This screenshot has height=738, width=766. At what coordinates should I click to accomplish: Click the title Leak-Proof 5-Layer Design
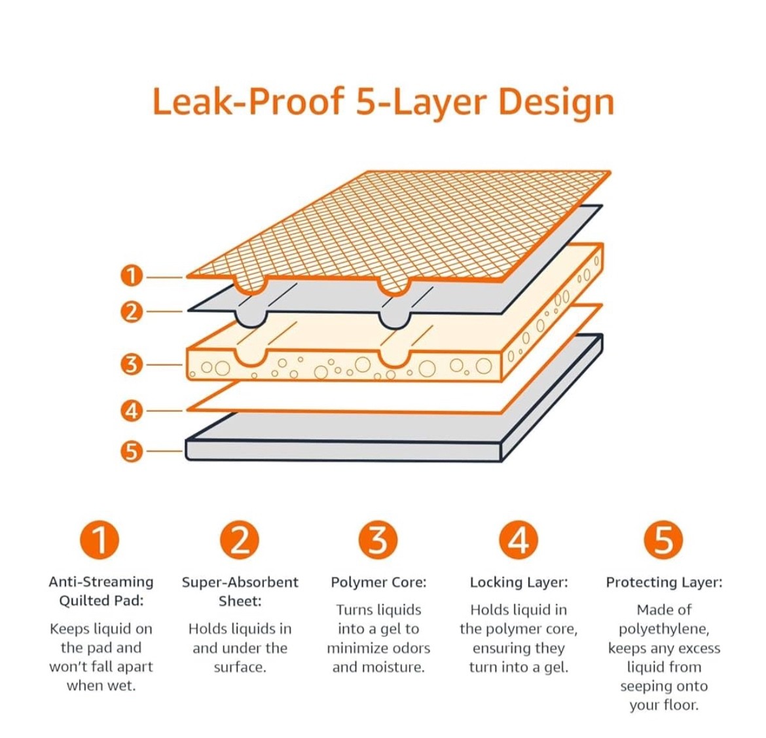tap(383, 102)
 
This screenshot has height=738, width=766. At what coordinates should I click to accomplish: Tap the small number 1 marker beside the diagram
tap(132, 276)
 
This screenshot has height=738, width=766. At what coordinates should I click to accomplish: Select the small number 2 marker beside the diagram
tap(132, 312)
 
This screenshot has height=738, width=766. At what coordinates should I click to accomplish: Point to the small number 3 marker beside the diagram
tap(132, 364)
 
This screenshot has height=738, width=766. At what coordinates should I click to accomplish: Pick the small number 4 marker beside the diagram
tap(132, 411)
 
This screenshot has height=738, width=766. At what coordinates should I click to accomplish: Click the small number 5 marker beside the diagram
tap(132, 451)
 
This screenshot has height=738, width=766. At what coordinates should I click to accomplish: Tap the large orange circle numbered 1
tap(100, 540)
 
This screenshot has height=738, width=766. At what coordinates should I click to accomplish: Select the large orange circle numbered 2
tap(240, 540)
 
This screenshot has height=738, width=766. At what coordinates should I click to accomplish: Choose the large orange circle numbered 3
tap(378, 540)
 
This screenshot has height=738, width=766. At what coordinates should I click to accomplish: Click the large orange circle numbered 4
tap(519, 540)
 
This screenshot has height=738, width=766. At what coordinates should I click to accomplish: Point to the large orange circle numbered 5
tap(663, 540)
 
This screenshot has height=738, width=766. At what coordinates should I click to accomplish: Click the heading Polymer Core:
tap(378, 582)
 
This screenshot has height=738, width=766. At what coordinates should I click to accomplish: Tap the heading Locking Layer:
tap(519, 582)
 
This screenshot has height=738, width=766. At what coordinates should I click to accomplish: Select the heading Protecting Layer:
tap(664, 582)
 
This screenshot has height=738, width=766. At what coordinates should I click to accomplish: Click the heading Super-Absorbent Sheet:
tap(240, 591)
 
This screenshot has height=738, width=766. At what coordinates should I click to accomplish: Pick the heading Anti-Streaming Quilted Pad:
tap(101, 591)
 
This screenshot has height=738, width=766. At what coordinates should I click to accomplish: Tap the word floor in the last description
tap(681, 705)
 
